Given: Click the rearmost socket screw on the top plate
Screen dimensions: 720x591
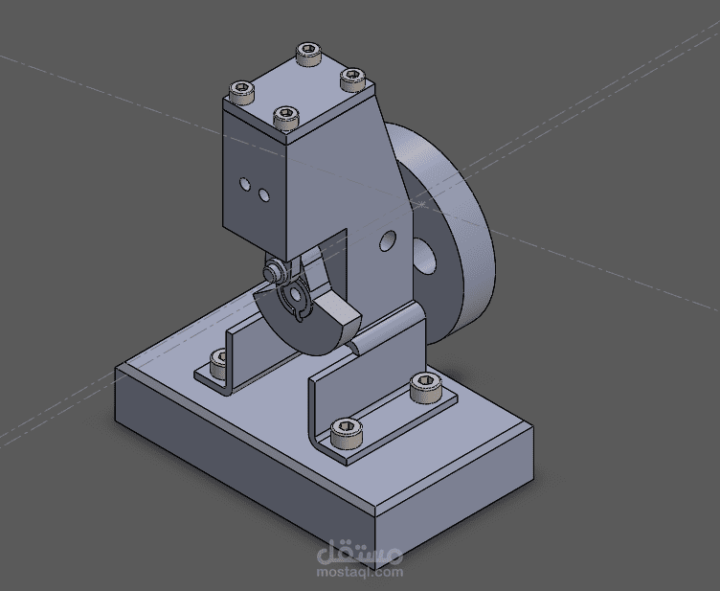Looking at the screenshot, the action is click(x=308, y=55).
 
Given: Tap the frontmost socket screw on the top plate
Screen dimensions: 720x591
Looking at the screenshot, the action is click(x=286, y=118).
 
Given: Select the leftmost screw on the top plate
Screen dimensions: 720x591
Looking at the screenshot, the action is click(x=241, y=92).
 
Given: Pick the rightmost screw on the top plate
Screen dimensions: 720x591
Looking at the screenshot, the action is click(x=352, y=80).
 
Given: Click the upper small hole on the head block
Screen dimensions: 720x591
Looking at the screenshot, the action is click(x=245, y=185).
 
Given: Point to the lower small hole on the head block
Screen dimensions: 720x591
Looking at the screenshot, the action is click(x=264, y=195).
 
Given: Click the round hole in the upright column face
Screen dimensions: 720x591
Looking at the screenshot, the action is click(x=388, y=240).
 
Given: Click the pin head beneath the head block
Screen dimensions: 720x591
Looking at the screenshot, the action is click(x=273, y=270).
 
